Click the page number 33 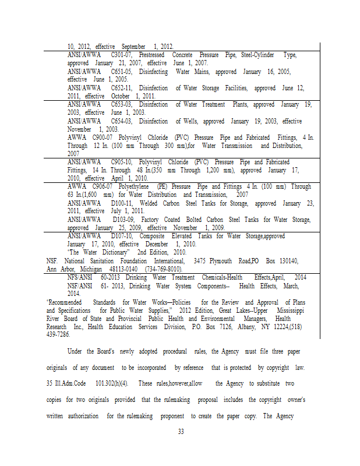pos(180,432)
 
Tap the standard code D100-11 pos(122,203)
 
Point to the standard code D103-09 pos(124,220)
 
